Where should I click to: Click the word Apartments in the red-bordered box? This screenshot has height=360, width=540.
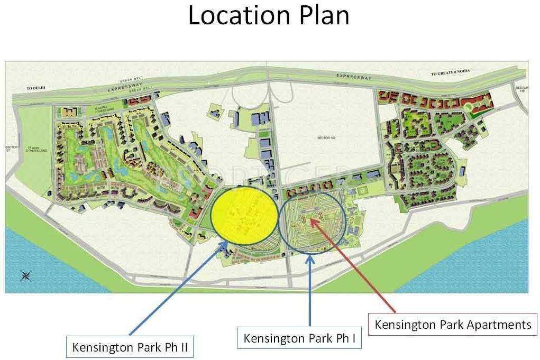click(499, 324)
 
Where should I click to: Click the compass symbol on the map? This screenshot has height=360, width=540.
click(24, 275)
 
